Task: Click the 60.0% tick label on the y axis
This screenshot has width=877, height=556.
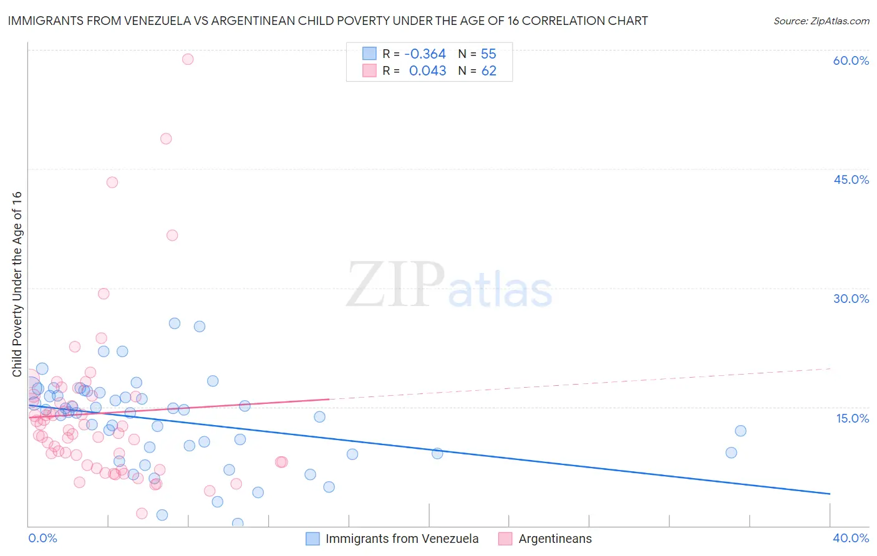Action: [851, 60]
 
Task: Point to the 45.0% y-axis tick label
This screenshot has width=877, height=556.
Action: [851, 180]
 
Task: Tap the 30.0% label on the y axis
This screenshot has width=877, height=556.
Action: [851, 299]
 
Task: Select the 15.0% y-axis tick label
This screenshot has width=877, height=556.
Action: [852, 418]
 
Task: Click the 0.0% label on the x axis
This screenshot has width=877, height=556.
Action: [43, 538]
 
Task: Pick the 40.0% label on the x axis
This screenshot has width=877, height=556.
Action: [850, 538]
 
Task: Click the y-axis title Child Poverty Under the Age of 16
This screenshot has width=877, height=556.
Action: [17, 284]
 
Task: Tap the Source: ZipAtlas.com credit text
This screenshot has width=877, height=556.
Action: [821, 21]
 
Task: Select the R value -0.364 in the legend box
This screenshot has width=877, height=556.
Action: [425, 54]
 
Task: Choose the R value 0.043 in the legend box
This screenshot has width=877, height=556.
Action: [427, 71]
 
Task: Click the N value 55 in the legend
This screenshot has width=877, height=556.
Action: [488, 54]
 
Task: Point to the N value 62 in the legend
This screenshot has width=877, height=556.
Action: [488, 71]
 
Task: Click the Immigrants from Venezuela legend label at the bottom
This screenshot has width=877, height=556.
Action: [402, 539]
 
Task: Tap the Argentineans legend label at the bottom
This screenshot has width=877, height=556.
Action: [555, 539]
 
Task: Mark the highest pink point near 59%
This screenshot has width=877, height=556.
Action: [188, 59]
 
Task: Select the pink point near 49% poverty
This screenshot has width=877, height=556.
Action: [166, 139]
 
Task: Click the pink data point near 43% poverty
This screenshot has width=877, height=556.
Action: [112, 182]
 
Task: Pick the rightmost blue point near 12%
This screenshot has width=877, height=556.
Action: [740, 431]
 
